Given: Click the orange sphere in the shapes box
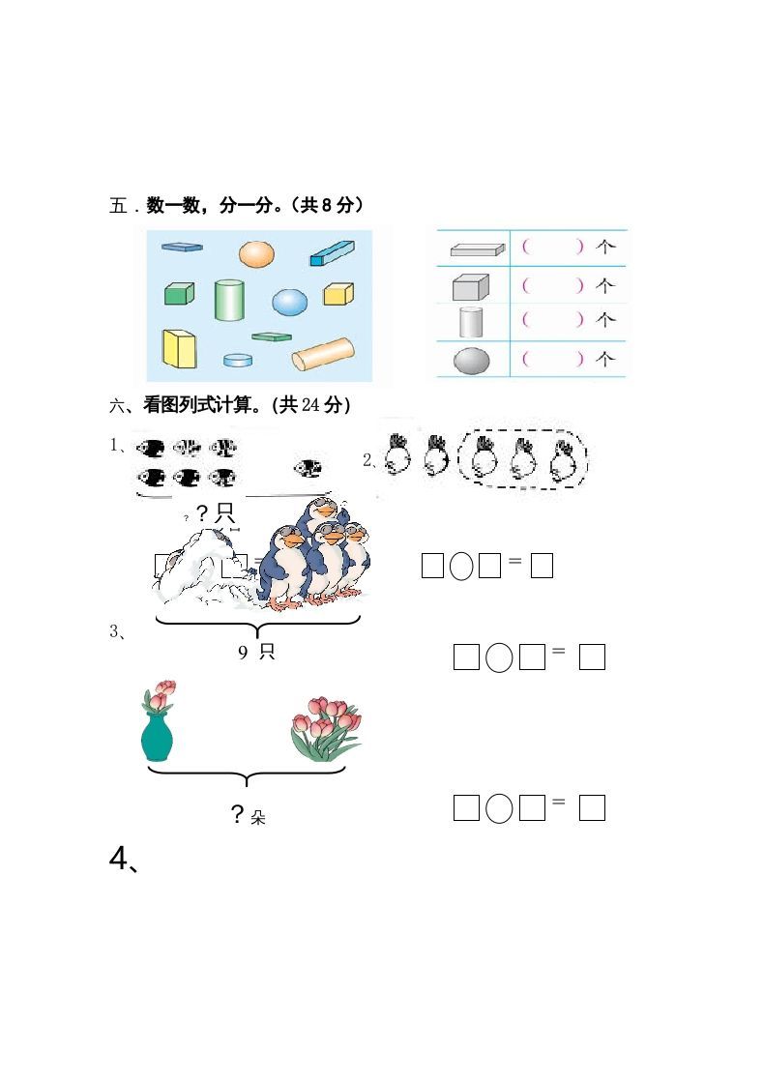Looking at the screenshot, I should click(256, 253).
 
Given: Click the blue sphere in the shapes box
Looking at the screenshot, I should click(289, 303).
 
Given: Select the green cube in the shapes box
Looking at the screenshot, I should click(179, 293).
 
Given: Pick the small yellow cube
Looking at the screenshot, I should click(337, 293).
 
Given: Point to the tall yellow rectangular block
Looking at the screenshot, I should click(179, 348).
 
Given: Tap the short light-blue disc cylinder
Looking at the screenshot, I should click(238, 360).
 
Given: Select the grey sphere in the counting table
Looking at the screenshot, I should click(471, 361).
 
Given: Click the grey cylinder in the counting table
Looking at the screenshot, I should click(471, 320).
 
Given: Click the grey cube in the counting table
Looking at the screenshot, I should click(471, 286).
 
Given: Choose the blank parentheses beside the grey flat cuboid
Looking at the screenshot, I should click(552, 248).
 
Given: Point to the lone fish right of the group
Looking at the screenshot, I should click(309, 469).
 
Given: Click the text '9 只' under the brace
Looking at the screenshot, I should click(256, 652).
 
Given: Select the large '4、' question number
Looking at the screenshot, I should click(125, 859).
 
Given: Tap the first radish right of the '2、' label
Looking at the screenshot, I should click(396, 455).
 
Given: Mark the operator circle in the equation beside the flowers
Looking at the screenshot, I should click(499, 807).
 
